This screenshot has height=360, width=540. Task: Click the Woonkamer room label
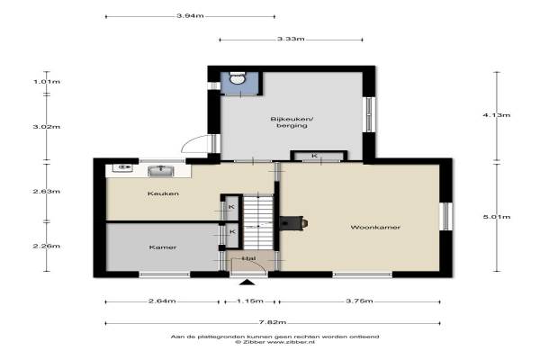pyautogui.click(x=375, y=228)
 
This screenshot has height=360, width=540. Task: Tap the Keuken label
pyautogui.click(x=163, y=193)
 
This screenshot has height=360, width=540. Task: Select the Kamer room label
pyautogui.click(x=163, y=247)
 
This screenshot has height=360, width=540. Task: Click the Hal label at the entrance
pyautogui.click(x=248, y=258)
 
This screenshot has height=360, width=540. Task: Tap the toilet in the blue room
pyautogui.click(x=238, y=78)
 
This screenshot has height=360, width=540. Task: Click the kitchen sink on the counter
pyautogui.click(x=161, y=171)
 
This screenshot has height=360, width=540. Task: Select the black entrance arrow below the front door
pyautogui.click(x=247, y=283)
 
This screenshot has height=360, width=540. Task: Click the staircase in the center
pyautogui.click(x=258, y=221)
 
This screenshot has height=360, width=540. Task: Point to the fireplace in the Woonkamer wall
pyautogui.click(x=292, y=223)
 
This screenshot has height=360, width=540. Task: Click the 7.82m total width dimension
pyautogui.click(x=273, y=323)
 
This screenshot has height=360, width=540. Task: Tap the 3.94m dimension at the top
pyautogui.click(x=190, y=16)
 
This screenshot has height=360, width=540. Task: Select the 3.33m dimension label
pyautogui.click(x=291, y=39)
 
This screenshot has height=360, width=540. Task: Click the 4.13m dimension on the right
pyautogui.click(x=496, y=115)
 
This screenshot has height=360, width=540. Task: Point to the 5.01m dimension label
pyautogui.click(x=496, y=217)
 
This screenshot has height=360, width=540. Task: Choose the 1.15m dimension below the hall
pyautogui.click(x=250, y=301)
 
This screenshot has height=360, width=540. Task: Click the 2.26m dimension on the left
pyautogui.click(x=47, y=246)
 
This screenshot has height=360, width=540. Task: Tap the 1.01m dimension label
pyautogui.click(x=47, y=82)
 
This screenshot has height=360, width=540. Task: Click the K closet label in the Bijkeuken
pyautogui.click(x=314, y=156)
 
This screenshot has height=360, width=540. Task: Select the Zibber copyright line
pyautogui.click(x=274, y=342)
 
